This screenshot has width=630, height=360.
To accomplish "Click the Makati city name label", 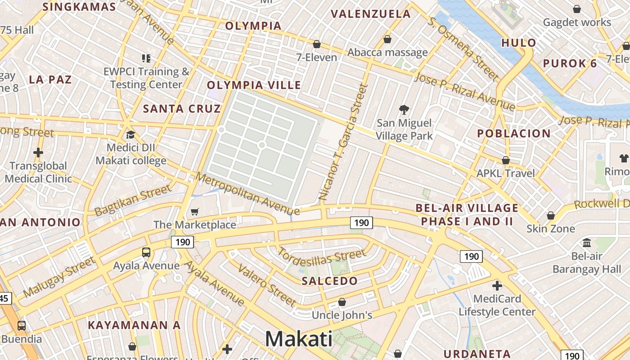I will [299, 338].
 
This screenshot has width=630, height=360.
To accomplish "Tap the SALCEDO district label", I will [330, 281].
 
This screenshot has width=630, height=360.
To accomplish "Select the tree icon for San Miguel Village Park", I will [404, 109].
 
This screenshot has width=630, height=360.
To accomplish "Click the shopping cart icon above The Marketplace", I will [195, 211].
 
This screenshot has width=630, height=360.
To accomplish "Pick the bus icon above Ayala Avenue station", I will [146, 252].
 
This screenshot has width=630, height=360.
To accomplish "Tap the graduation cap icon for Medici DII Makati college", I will [130, 135].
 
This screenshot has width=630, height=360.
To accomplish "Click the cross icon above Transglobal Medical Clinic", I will [38, 153].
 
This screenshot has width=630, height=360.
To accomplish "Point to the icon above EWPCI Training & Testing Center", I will [146, 58].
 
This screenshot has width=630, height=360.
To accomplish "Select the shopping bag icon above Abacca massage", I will [387, 40].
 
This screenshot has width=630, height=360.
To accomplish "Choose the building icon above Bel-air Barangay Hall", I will [587, 243].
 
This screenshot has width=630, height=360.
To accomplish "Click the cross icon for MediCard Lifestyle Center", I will [497, 285].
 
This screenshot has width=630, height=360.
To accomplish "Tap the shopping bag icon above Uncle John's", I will [342, 302].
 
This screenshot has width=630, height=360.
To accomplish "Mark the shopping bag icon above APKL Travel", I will [506, 160].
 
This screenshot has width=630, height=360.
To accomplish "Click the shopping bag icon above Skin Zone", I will [551, 216].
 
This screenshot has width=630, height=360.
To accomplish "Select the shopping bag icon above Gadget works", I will [577, 9].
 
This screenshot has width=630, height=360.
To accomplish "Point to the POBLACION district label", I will [514, 134].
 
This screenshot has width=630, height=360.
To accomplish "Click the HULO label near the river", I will [519, 43].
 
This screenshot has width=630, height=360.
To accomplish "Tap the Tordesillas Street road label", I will [322, 258].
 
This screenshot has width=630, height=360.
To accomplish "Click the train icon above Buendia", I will [21, 326].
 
